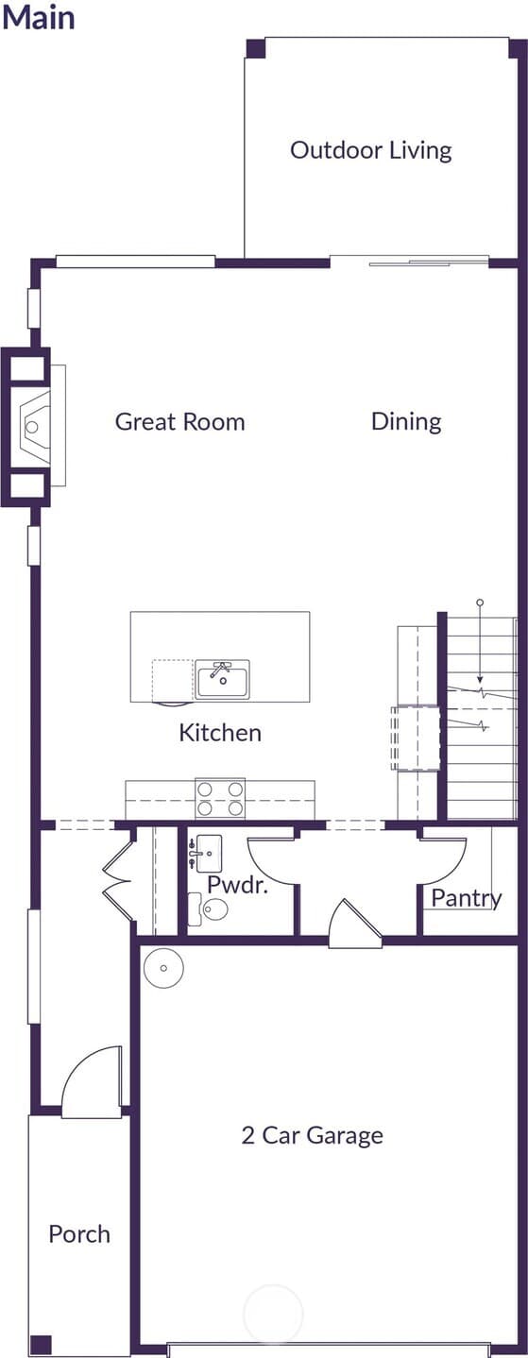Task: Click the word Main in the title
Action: pyautogui.click(x=38, y=17)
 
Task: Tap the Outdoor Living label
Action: pyautogui.click(x=371, y=150)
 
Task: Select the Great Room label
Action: pyautogui.click(x=180, y=422)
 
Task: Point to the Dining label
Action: pyautogui.click(x=406, y=422)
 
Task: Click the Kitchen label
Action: pyautogui.click(x=220, y=732)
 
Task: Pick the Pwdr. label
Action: pyautogui.click(x=237, y=885)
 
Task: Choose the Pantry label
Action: pyautogui.click(x=467, y=898)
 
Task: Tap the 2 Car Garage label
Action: pyautogui.click(x=313, y=1135)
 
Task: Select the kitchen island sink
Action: pyautogui.click(x=223, y=679)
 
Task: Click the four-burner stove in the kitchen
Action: pyautogui.click(x=220, y=798)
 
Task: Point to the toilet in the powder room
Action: pyautogui.click(x=207, y=908)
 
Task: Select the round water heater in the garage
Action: pyautogui.click(x=163, y=968)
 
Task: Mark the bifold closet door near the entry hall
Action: pyautogui.click(x=118, y=878)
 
